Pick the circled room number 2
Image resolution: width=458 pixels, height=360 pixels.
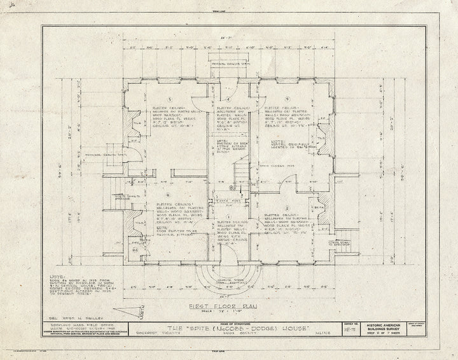coord(288,207)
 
